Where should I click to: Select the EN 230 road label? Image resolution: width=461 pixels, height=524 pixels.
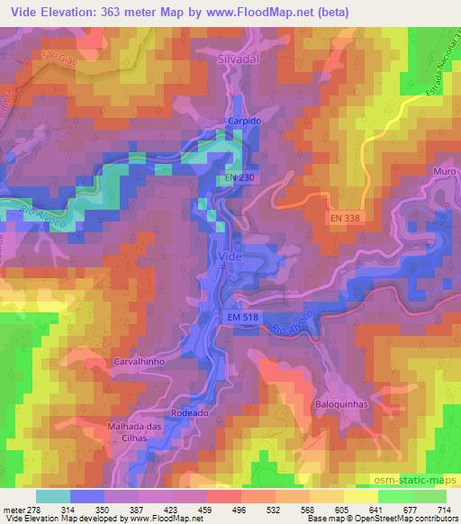[240, 179]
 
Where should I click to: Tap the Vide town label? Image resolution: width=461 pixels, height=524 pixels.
[231, 256]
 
